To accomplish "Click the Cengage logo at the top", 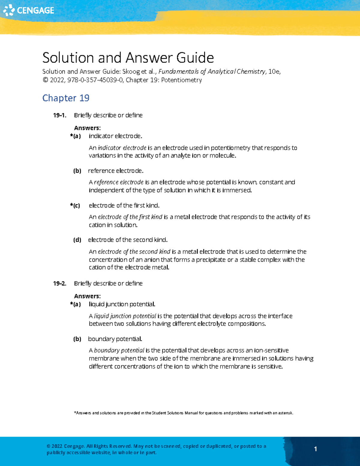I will (x=29, y=10).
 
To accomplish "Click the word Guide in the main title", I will (x=195, y=58).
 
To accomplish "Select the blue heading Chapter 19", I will (x=66, y=98).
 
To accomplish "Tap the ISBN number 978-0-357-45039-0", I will (x=95, y=80).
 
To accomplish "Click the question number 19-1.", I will (x=59, y=115).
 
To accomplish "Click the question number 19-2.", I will (x=59, y=283).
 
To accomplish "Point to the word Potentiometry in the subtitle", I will (x=181, y=80).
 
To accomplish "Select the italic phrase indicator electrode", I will (x=122, y=148).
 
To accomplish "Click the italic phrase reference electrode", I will (x=119, y=182).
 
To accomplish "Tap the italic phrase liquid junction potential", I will (x=125, y=316).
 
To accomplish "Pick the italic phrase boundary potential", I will (x=119, y=350).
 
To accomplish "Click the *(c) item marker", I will (x=75, y=206).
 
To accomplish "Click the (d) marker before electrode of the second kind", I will (x=77, y=240).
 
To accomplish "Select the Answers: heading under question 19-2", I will (x=87, y=296).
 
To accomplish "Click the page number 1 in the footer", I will (x=315, y=449).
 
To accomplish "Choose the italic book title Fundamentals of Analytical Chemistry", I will (x=212, y=71).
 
